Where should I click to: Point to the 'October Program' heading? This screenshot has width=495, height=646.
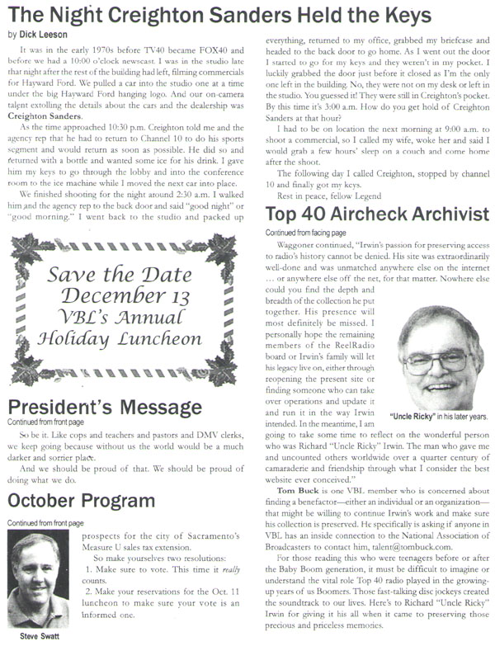[83, 500]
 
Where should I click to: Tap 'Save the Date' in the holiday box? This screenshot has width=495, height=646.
[120, 273]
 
